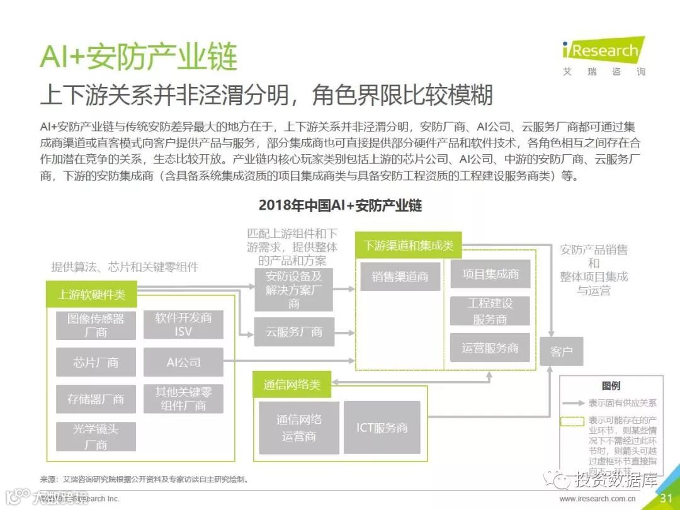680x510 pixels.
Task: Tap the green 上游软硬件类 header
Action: [x=92, y=294]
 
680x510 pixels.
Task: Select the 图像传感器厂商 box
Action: [x=96, y=325]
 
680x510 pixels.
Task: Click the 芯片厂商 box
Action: [x=96, y=362]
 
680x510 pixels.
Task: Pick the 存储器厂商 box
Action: [x=96, y=399]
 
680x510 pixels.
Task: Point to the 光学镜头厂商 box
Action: [x=96, y=436]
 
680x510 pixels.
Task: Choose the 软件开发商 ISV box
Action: [x=183, y=324]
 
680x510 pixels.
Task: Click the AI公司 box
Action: [x=183, y=362]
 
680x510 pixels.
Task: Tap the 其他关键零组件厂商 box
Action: [x=183, y=399]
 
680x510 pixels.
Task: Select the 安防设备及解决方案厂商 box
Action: [x=294, y=290]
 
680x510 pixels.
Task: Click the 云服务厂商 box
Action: [x=294, y=332]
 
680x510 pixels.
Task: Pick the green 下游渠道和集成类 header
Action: [x=409, y=246]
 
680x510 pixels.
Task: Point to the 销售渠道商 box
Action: [x=400, y=276]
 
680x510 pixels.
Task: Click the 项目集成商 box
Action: [x=490, y=274]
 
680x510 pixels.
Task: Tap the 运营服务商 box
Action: [x=490, y=348]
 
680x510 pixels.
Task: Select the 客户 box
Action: [x=561, y=351]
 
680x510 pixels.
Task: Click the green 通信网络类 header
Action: [x=292, y=384]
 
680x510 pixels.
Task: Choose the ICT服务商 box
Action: [x=382, y=428]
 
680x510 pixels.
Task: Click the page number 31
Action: [x=666, y=499]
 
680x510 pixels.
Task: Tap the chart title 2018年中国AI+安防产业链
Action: [x=340, y=205]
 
